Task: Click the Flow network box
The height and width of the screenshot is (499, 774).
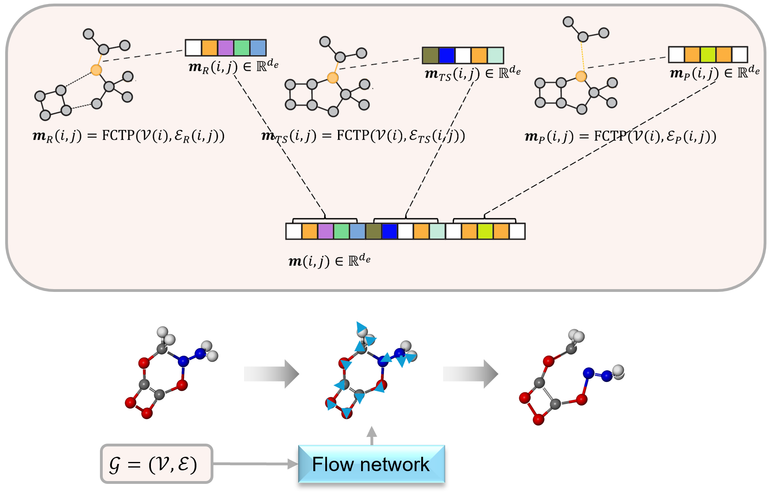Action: (371, 464)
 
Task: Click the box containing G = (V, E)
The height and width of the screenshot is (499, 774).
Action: (156, 464)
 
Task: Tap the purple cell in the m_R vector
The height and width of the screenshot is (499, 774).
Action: (225, 48)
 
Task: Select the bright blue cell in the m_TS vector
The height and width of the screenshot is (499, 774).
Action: (446, 55)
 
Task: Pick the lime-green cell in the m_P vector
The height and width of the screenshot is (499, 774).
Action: (708, 55)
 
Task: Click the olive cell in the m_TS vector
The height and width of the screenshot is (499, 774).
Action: (430, 55)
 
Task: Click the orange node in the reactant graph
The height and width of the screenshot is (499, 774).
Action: (96, 70)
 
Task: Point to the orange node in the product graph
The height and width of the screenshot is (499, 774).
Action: (581, 76)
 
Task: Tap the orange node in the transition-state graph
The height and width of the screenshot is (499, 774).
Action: (332, 77)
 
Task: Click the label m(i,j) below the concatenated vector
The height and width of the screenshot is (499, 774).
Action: (329, 261)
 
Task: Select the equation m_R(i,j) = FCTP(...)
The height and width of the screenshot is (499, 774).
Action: (128, 136)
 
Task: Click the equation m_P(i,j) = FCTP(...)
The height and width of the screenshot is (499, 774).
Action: (620, 137)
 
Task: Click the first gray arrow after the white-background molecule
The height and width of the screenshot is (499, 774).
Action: (271, 374)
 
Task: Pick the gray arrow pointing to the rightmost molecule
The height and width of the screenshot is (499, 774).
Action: (470, 374)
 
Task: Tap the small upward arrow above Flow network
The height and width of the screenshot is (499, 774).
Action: (371, 435)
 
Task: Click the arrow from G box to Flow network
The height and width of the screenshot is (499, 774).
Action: (255, 464)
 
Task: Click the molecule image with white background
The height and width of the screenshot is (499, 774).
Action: (171, 373)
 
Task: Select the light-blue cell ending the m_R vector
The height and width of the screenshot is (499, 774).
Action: (258, 48)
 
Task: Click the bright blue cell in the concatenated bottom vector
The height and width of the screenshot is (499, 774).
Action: (389, 231)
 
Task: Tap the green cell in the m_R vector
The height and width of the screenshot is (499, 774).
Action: (242, 48)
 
